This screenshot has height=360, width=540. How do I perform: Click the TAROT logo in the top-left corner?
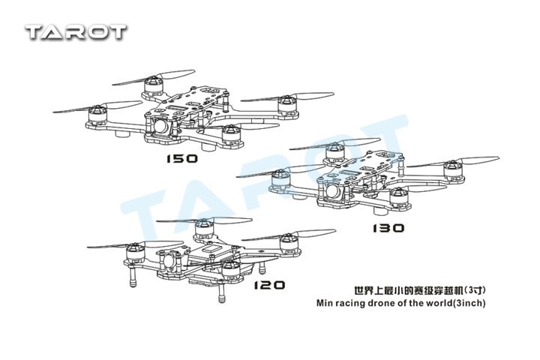76,31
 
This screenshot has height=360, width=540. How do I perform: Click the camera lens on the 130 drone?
334,193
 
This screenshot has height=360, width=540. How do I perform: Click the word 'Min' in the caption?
318,303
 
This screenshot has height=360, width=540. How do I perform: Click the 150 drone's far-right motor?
286,103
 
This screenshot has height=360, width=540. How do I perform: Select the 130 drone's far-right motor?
454,173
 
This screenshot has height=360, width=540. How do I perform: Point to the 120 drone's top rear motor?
201,226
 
